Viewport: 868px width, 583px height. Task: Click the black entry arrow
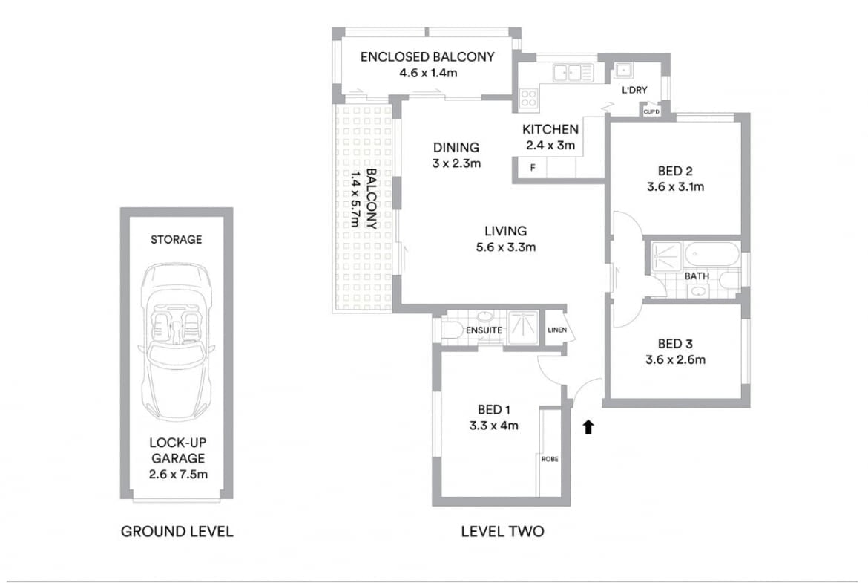(x=588, y=426)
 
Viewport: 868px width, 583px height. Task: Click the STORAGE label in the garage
(x=177, y=239)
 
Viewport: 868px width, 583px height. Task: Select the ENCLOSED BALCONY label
(x=427, y=56)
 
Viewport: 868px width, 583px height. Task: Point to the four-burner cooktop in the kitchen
(x=528, y=97)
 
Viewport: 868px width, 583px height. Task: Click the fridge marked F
(x=533, y=167)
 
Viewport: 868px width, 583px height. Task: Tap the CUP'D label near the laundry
(x=651, y=112)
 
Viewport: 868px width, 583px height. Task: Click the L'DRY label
(x=634, y=90)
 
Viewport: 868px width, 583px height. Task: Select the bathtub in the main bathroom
(x=711, y=255)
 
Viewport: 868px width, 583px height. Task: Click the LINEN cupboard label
(x=557, y=330)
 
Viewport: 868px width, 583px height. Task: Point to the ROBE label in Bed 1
(x=550, y=459)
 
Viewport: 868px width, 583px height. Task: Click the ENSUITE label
(x=484, y=330)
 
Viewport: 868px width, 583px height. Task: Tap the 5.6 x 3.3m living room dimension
(x=506, y=247)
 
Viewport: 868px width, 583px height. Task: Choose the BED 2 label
(x=675, y=171)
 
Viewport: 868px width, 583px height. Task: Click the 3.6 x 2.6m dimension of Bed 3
(x=675, y=359)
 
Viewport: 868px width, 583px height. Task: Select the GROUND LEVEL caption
(x=177, y=532)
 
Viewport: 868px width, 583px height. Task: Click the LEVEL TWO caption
(x=503, y=532)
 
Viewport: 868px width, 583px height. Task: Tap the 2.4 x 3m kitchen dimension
(x=550, y=146)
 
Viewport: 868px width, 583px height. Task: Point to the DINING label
(x=456, y=147)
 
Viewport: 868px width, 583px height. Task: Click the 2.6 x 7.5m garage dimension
(x=178, y=474)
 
